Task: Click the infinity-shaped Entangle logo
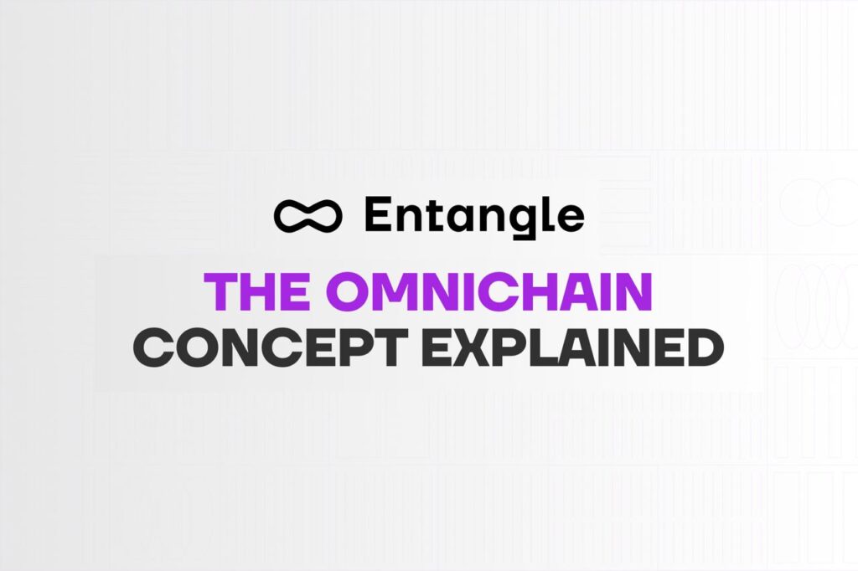(x=308, y=215)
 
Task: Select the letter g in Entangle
(x=520, y=221)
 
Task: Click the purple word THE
(x=256, y=291)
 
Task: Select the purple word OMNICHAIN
(x=489, y=291)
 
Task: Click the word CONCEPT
(x=271, y=347)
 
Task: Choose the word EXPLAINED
(x=573, y=347)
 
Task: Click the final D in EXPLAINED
(x=704, y=347)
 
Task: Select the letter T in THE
(x=220, y=291)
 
